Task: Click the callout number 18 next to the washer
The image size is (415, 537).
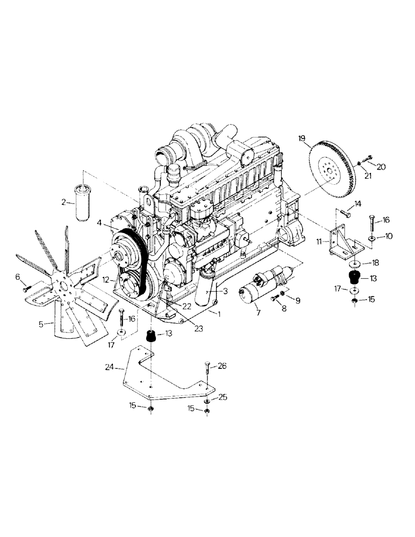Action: pos(373,264)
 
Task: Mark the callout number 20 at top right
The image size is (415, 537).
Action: pos(381,167)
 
